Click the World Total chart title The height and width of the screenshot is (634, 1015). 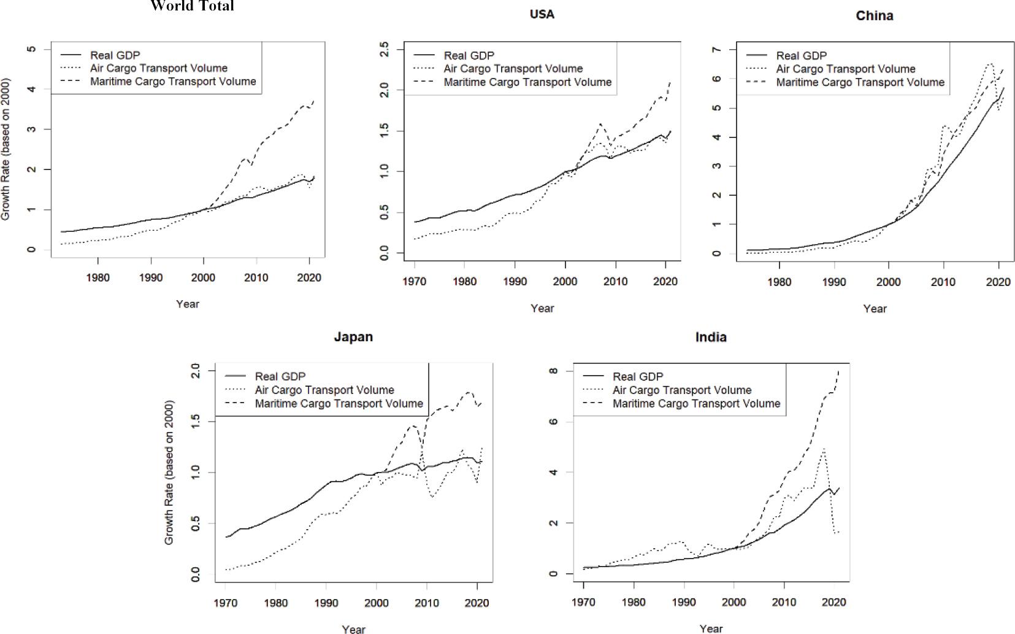pos(192,7)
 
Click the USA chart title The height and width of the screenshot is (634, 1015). pos(542,15)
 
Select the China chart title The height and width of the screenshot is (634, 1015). pos(874,16)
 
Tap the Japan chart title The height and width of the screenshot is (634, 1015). pos(353,337)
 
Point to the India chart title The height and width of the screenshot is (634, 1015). pos(711,337)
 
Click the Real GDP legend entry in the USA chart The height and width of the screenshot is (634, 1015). pos(469,56)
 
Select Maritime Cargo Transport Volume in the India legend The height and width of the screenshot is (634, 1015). pos(696,404)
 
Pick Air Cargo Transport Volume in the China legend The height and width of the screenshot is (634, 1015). pos(845,69)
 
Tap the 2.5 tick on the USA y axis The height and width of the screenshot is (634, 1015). pos(385,49)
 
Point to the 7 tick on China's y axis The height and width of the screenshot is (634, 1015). pos(716,50)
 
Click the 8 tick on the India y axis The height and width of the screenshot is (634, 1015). pos(553,371)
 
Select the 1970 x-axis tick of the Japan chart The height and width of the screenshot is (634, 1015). pos(227,603)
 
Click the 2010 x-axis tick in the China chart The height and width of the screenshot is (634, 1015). pos(943,282)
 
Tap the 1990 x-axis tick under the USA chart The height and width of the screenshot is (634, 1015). pos(515,281)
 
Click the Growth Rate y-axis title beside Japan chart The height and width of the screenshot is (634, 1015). pos(169,473)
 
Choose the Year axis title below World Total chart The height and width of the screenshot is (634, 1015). pos(187,304)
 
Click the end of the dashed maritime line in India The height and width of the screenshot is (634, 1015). pos(838,372)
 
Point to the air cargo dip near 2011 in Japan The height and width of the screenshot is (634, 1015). pos(432,497)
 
